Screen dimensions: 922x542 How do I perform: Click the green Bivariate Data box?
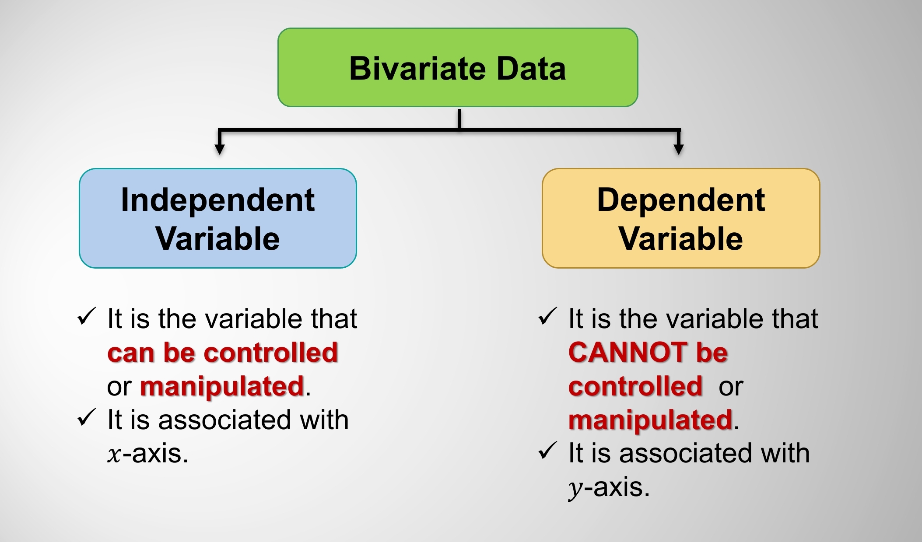tap(458, 67)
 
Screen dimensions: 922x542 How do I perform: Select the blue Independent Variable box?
tap(218, 218)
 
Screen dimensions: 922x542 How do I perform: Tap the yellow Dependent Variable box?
tap(681, 218)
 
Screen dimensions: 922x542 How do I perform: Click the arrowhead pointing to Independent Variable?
tap(220, 149)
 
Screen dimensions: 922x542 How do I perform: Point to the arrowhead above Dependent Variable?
tap(679, 149)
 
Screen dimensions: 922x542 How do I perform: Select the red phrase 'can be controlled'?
tap(223, 353)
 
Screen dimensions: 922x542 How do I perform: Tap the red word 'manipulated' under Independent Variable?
tap(222, 387)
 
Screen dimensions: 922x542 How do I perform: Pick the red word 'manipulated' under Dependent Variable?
tap(651, 420)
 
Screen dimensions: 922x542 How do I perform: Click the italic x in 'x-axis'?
tap(114, 455)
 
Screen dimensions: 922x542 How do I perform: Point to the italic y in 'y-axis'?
tap(575, 490)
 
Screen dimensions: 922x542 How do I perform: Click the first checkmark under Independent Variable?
tap(86, 316)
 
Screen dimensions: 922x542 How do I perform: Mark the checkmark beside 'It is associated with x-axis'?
tap(86, 417)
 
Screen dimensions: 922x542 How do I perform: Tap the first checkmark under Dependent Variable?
tap(547, 316)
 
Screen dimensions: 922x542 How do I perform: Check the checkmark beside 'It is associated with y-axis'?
tap(547, 451)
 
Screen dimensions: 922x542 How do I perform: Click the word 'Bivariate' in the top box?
tap(417, 69)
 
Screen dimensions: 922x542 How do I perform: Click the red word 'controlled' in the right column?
tap(635, 386)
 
